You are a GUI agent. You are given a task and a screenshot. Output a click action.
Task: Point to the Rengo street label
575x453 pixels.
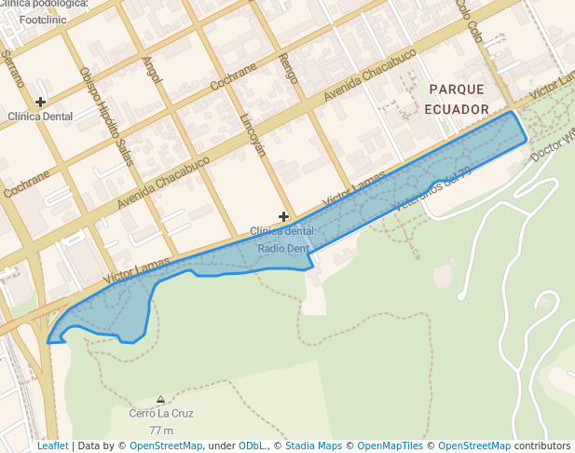coord(288,69)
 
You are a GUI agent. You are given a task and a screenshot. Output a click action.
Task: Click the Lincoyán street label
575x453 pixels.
coord(253,136)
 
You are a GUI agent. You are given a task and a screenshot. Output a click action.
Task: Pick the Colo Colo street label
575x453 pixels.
coord(468,21)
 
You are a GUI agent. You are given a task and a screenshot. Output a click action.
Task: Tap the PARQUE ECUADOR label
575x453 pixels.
coord(457,99)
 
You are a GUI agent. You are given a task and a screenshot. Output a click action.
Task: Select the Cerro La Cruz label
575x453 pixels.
coord(160,413)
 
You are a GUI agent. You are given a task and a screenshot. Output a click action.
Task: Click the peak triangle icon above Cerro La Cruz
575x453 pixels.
coord(161,398)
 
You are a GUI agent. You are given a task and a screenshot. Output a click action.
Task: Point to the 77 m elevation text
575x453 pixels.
coord(161,430)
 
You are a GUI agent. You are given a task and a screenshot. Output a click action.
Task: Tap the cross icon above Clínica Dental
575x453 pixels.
coord(40,101)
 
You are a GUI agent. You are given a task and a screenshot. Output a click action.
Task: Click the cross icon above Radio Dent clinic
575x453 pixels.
coord(283,216)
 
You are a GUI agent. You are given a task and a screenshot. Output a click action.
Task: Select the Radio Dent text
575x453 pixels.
coord(283,249)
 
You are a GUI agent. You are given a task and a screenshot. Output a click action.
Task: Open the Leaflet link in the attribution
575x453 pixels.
coord(52,446)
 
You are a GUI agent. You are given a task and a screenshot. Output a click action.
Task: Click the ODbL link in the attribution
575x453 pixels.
coord(253,446)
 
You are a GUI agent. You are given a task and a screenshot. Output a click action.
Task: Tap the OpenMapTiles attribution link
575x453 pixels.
coord(390,446)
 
